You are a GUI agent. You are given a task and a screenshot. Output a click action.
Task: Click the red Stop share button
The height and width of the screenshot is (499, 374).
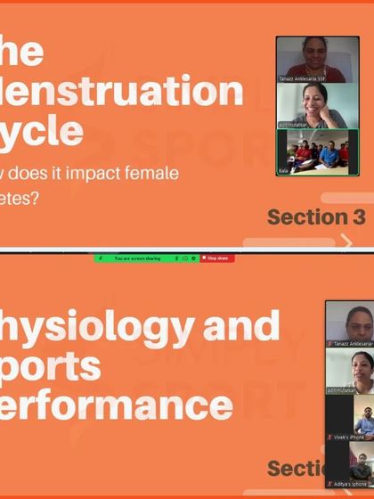point(218,258)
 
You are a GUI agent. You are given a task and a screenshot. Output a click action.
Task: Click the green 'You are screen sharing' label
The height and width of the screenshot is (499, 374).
point(134,258)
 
